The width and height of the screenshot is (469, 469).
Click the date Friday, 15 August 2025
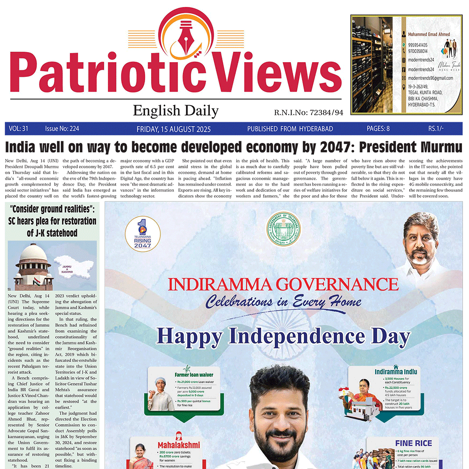click(x=173, y=129)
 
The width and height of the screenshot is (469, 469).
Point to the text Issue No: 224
click(x=62, y=129)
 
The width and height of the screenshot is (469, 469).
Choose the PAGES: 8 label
click(x=378, y=129)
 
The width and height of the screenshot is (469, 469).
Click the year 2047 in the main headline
click(x=334, y=147)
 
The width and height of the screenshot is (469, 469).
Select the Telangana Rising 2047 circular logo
click(x=142, y=234)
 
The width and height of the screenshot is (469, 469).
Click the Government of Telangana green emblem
click(x=283, y=229)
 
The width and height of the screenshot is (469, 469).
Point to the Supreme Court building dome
click(x=33, y=254)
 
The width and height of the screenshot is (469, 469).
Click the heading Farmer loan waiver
click(x=194, y=374)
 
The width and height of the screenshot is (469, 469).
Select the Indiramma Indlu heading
click(x=396, y=371)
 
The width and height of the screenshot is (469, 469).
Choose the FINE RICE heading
click(x=413, y=443)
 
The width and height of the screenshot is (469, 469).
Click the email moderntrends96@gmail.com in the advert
click(x=430, y=78)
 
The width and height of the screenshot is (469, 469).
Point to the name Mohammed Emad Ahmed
click(x=429, y=34)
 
